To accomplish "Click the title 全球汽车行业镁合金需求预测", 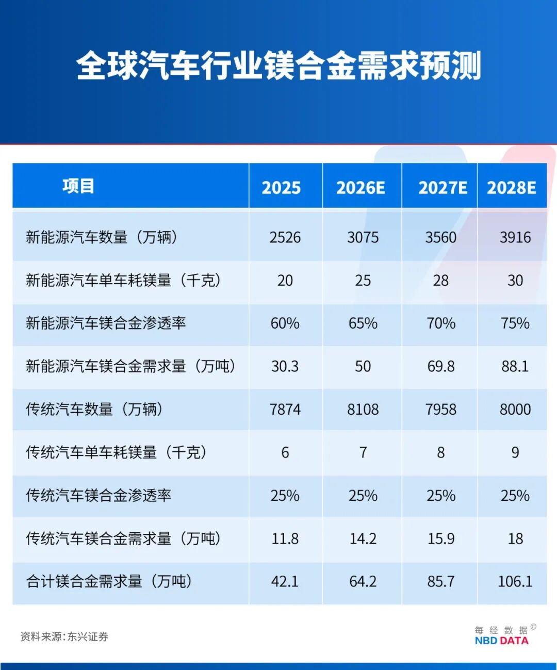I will click(278, 66).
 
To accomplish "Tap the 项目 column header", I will click(78, 186).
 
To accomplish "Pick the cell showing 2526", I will click(285, 237).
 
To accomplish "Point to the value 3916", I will click(515, 237).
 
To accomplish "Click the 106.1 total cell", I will click(515, 582).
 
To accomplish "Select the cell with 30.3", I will click(285, 366).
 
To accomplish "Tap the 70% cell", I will click(440, 323).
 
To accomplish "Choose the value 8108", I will click(363, 410).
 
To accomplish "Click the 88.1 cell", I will click(515, 366).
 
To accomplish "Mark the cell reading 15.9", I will click(440, 539).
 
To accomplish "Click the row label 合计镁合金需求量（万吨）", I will click(109, 582).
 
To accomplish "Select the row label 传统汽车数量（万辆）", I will click(95, 410).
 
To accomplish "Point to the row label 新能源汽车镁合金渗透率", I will click(106, 323).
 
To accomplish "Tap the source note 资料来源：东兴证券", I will click(64, 637).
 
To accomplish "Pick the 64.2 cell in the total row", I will click(363, 582).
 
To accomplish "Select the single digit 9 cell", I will click(515, 453).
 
